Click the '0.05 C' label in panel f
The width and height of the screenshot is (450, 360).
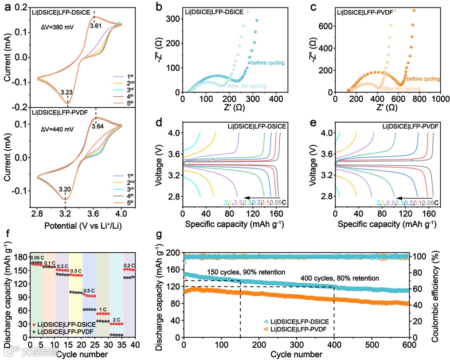(37, 258)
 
